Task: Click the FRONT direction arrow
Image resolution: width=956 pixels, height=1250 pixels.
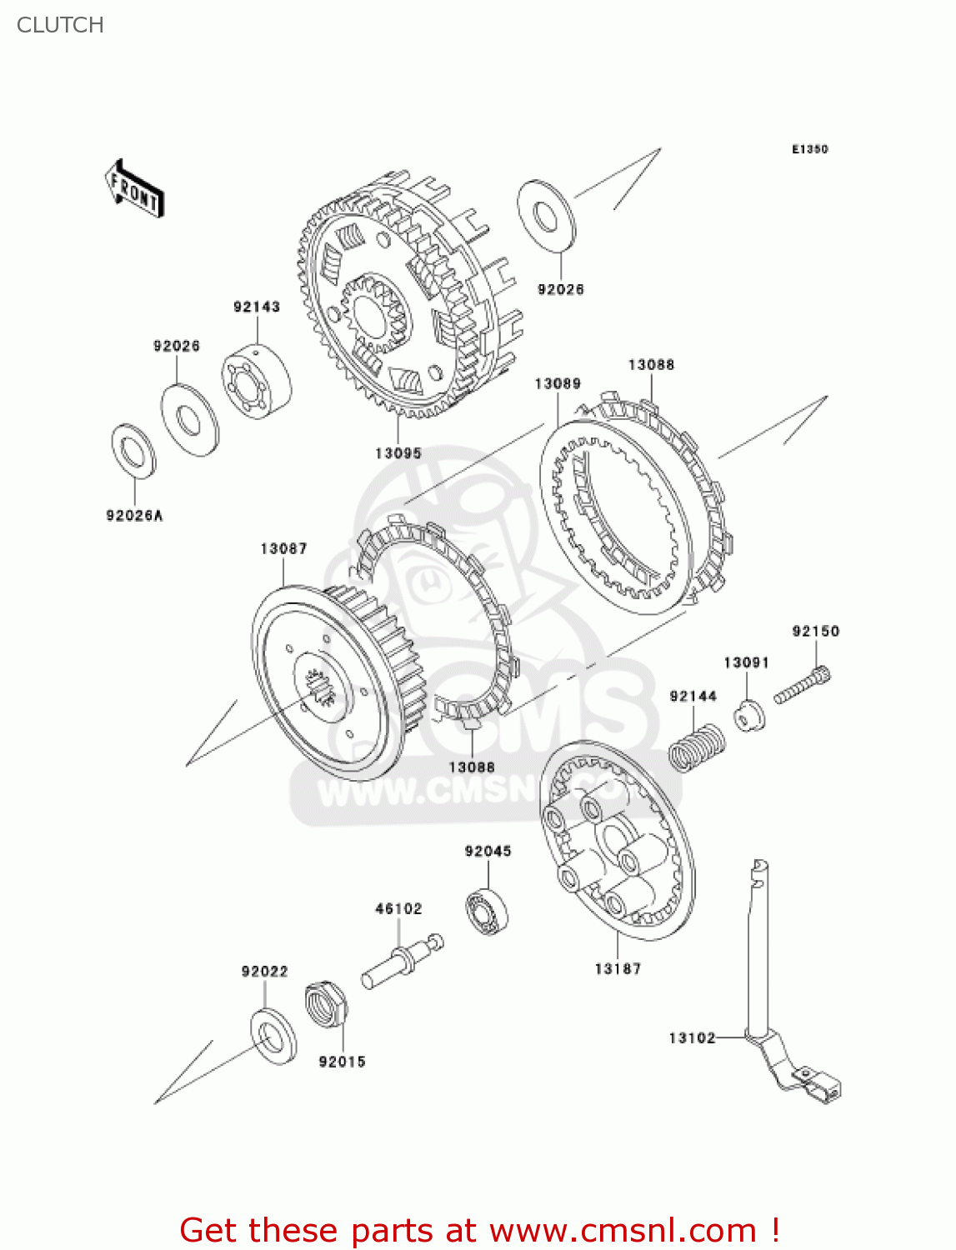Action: click(x=134, y=189)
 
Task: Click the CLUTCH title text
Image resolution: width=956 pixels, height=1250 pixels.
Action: click(x=60, y=25)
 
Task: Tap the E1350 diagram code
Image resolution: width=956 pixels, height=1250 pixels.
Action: click(x=809, y=149)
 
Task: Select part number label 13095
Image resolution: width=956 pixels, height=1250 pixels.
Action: click(x=398, y=453)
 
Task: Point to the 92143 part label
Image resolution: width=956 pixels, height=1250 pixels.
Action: click(x=257, y=307)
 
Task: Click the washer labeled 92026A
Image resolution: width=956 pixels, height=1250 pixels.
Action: click(x=133, y=452)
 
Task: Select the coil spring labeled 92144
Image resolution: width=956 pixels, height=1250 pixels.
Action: click(x=698, y=747)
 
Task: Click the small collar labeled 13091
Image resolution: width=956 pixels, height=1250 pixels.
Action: click(x=749, y=716)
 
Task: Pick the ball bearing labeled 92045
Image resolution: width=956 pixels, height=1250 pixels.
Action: click(x=487, y=910)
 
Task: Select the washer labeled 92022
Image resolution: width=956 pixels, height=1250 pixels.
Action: click(x=273, y=1036)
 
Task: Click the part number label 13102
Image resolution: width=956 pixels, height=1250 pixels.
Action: click(x=692, y=1037)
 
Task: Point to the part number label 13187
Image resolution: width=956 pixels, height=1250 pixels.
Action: click(x=618, y=968)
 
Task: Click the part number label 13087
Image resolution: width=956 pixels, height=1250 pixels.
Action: click(x=283, y=548)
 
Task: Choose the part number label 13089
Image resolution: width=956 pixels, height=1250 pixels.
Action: click(x=558, y=383)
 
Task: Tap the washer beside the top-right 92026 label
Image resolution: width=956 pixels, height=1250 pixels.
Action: click(x=546, y=215)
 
